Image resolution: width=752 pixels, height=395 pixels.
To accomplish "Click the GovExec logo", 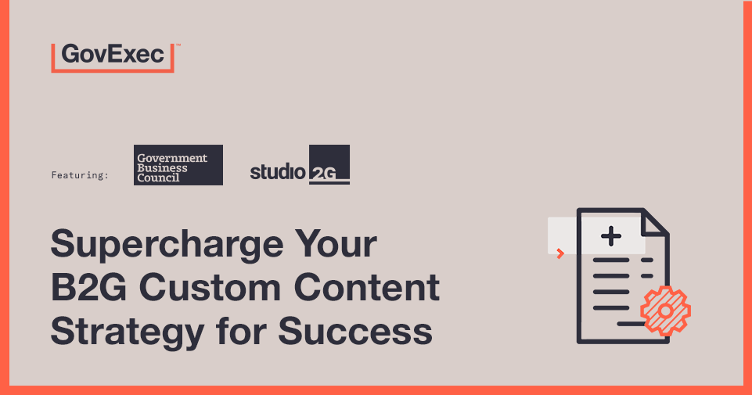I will tap(113, 56).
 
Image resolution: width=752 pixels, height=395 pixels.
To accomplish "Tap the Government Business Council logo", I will tap(178, 165).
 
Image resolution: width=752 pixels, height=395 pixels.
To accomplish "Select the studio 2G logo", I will tap(300, 165).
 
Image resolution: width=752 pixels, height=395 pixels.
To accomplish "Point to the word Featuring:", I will tap(80, 175).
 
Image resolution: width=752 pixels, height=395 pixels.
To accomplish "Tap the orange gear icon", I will tap(665, 311).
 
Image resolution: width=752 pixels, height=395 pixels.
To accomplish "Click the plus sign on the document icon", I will tap(611, 235).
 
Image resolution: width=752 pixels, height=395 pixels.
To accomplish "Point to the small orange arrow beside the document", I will tap(560, 253).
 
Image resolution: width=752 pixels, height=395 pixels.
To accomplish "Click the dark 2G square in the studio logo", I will tap(329, 164).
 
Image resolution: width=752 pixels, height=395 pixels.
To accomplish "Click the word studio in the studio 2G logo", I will tap(278, 171).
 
